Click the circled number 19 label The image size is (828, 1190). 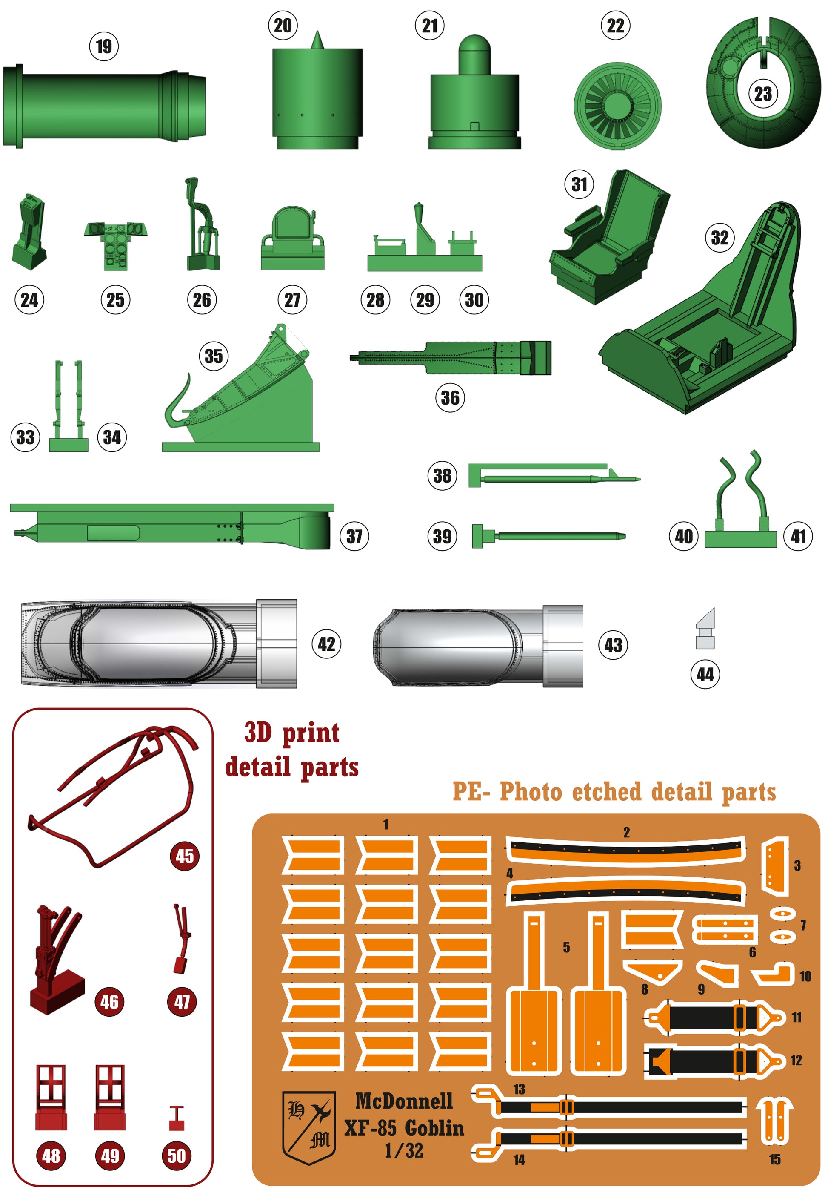[x=104, y=46]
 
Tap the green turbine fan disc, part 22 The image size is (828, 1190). [x=617, y=106]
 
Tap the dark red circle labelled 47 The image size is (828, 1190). [x=182, y=1002]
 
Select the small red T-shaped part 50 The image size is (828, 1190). [x=177, y=1118]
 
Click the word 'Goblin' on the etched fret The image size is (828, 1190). [x=434, y=1128]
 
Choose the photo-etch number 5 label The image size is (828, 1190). [x=566, y=947]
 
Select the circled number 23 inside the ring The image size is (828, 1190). [x=763, y=94]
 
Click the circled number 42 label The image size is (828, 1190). [x=326, y=644]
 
